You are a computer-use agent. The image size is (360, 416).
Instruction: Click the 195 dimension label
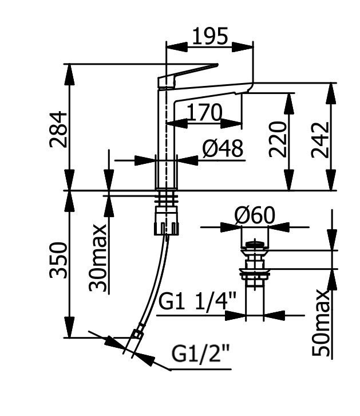[x=209, y=36]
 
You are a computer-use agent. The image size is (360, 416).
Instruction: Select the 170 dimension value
[x=204, y=112]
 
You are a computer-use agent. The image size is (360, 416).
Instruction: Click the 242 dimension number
[x=321, y=139]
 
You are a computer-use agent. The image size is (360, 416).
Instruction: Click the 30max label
[x=98, y=258]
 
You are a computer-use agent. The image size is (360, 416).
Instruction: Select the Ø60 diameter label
[x=254, y=216]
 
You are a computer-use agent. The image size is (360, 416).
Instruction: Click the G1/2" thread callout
[x=200, y=356]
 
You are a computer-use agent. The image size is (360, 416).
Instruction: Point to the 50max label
[x=322, y=324]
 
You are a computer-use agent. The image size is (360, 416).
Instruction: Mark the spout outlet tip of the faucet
[x=247, y=89]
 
